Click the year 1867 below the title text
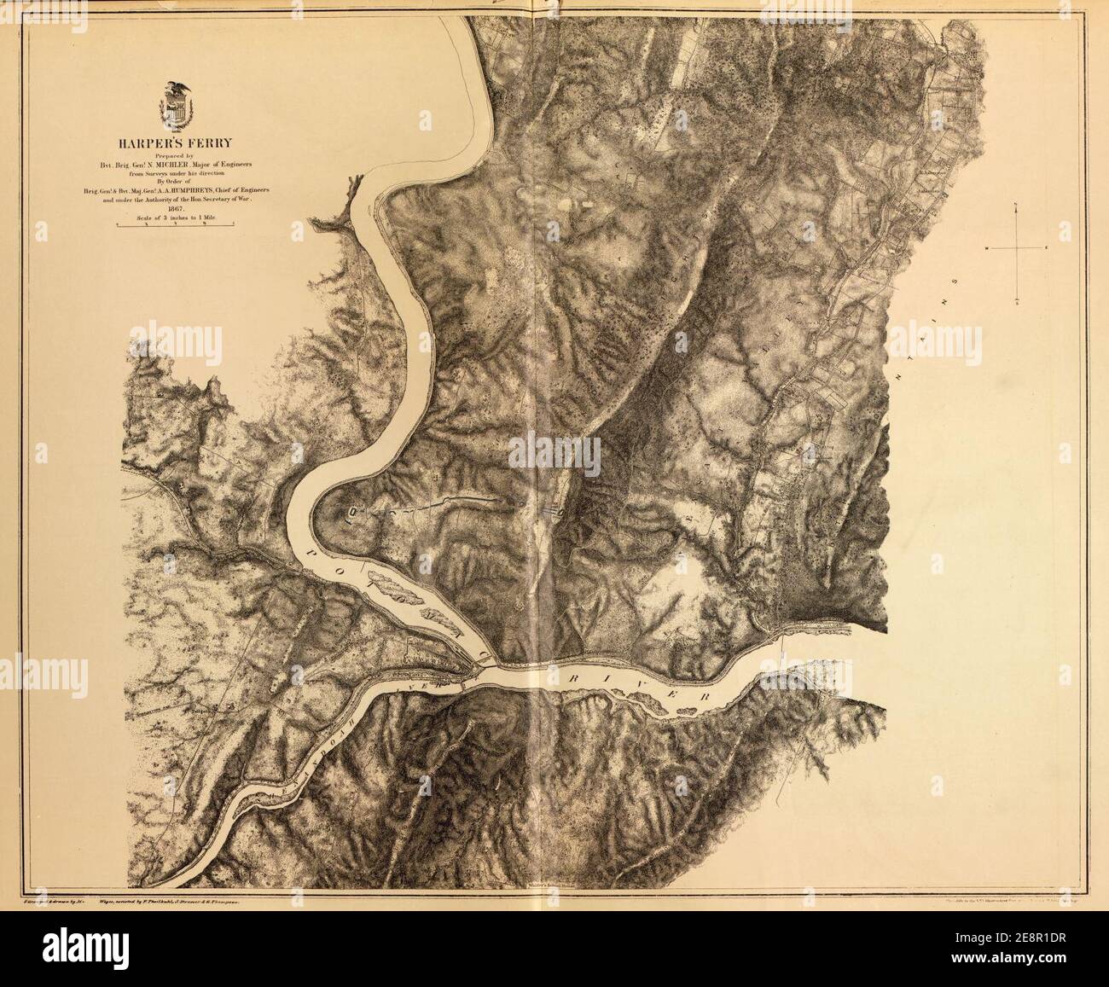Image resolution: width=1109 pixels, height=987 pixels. tap(177, 208)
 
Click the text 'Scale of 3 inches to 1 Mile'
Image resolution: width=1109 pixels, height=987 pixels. tap(177, 218)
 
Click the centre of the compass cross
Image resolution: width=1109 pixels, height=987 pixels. tap(1016, 248)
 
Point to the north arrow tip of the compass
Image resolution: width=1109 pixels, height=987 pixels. tap(1016, 203)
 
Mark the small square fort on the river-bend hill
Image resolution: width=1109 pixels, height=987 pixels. tap(352, 512)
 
